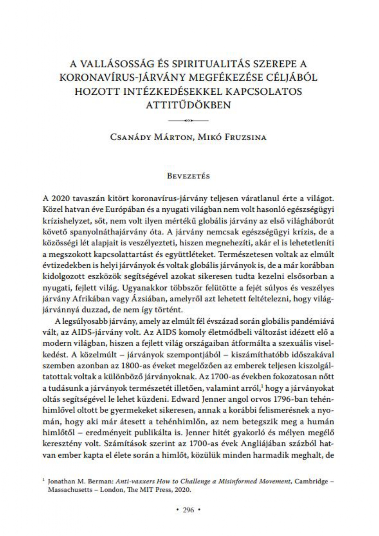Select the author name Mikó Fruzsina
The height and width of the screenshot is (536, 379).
click(232, 137)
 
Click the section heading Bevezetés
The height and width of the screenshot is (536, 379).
click(188, 176)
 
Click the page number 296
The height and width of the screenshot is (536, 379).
click(188, 510)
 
